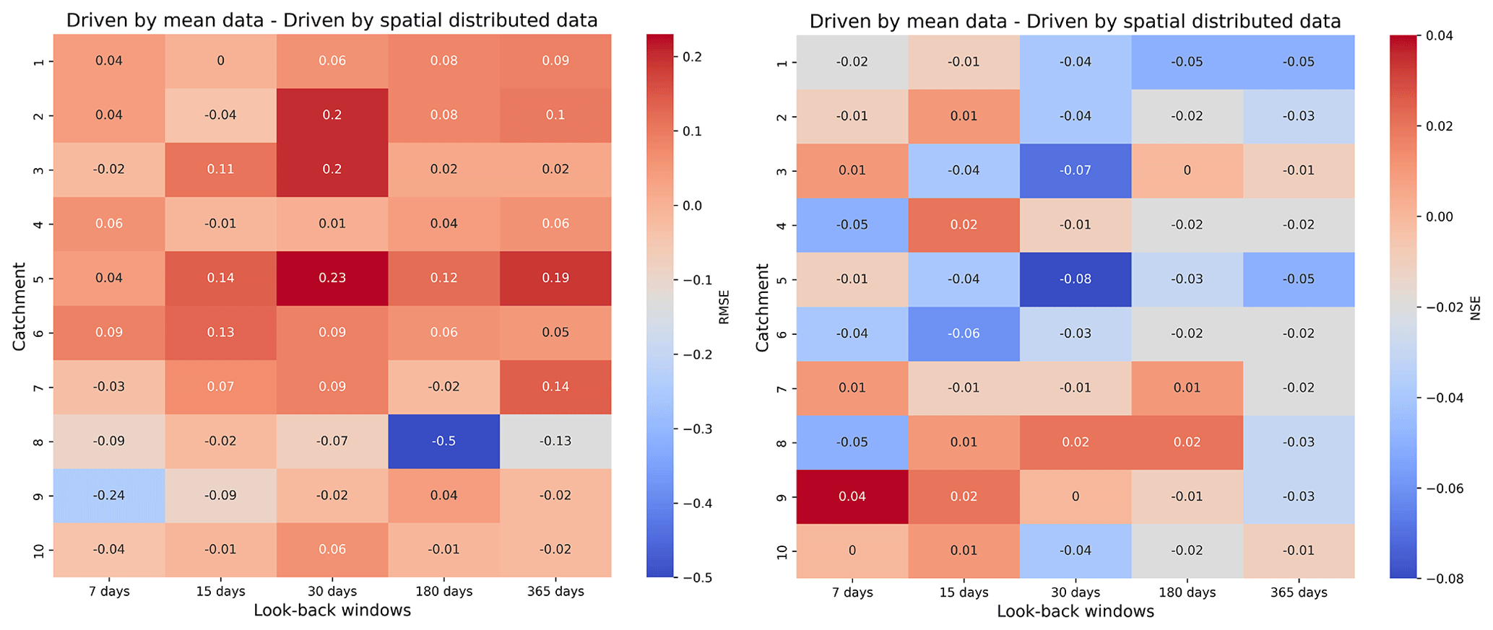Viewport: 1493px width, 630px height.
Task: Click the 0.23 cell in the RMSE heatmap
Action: [x=332, y=278]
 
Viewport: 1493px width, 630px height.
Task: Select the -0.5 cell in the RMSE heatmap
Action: [x=443, y=441]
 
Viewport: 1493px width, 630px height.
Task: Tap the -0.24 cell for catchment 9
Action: [x=109, y=495]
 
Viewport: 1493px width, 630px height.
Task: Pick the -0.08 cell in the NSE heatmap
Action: [x=1075, y=279]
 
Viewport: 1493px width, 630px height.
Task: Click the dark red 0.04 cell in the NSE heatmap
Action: [x=852, y=496]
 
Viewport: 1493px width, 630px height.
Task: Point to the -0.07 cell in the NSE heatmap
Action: [x=1075, y=170]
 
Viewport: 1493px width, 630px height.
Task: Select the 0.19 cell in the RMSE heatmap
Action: [x=555, y=278]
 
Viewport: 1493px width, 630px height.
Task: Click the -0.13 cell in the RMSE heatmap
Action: [x=555, y=441]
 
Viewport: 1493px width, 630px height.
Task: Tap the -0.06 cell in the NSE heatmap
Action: [x=964, y=333]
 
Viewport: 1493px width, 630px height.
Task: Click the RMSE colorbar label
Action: [x=724, y=307]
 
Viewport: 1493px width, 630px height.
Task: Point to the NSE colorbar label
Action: [x=1476, y=307]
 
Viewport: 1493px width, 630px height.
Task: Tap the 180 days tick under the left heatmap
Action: [x=443, y=592]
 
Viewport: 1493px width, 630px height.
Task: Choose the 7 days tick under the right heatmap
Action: [x=852, y=592]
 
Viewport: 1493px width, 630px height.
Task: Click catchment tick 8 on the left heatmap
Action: [x=40, y=441]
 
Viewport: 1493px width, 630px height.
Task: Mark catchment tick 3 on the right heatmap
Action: [x=783, y=170]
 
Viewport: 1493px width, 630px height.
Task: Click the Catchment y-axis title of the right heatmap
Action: [x=763, y=307]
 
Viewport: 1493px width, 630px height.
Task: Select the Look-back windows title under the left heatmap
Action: [x=332, y=611]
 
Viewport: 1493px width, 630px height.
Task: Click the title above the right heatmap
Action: [x=1075, y=21]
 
